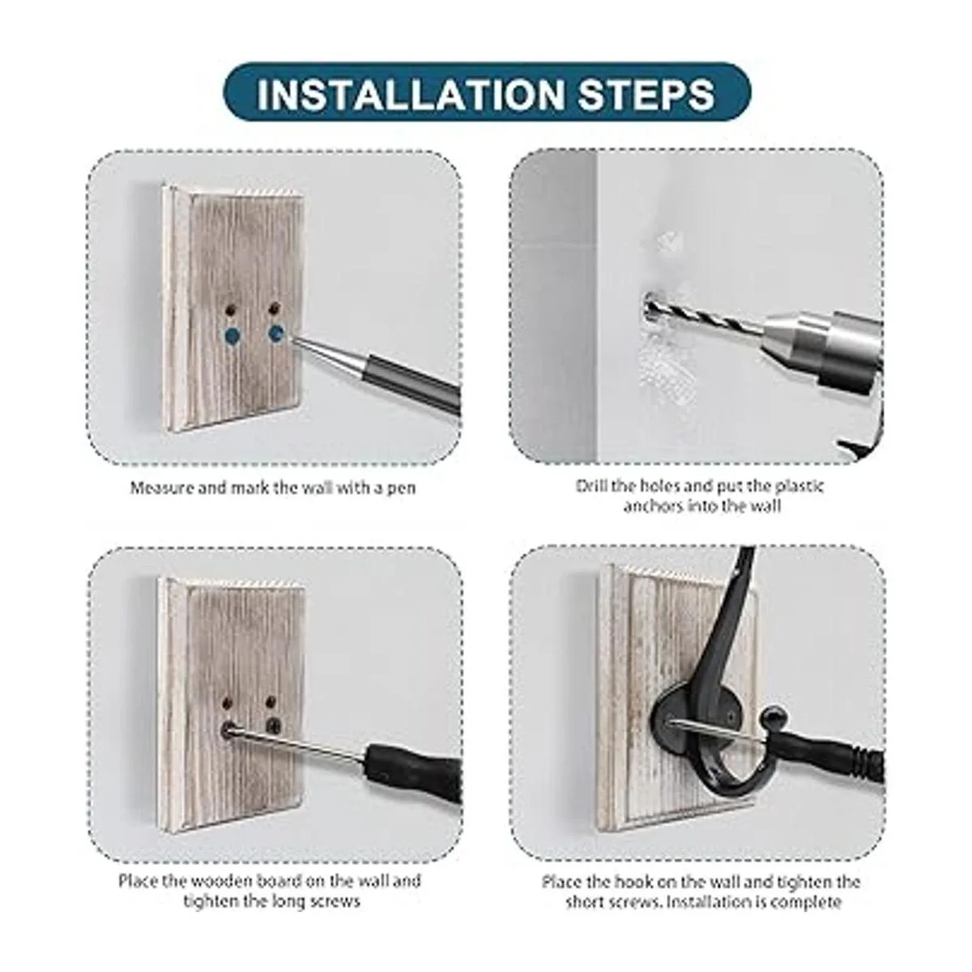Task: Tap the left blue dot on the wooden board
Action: pyautogui.click(x=233, y=334)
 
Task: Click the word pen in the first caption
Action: pyautogui.click(x=403, y=488)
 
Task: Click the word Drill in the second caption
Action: pyautogui.click(x=592, y=487)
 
